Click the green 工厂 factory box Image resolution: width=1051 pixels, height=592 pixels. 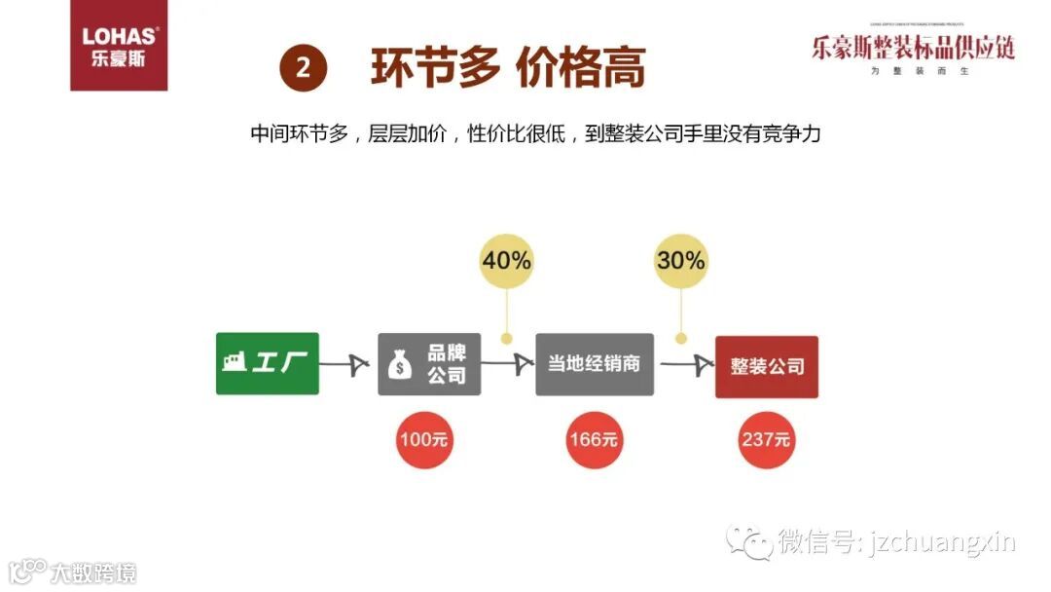pyautogui.click(x=267, y=363)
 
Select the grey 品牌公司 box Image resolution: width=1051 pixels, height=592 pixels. pyautogui.click(x=429, y=363)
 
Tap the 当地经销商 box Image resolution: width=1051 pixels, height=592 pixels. pyautogui.click(x=594, y=363)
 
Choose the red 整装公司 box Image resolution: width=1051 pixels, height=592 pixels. pyautogui.click(x=767, y=366)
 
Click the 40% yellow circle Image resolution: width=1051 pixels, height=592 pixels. pyautogui.click(x=506, y=260)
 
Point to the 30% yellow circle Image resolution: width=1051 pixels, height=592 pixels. pyautogui.click(x=680, y=260)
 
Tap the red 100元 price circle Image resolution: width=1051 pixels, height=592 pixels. pyautogui.click(x=424, y=439)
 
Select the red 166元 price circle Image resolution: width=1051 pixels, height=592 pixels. pyautogui.click(x=594, y=439)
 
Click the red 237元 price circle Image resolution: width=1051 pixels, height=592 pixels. pyautogui.click(x=766, y=439)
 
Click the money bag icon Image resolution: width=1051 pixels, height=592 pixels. pyautogui.click(x=401, y=365)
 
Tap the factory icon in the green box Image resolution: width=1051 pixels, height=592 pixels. pyautogui.click(x=234, y=361)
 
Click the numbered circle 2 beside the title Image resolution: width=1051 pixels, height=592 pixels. pyautogui.click(x=303, y=68)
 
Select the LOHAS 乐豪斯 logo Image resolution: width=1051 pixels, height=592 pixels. pyautogui.click(x=119, y=47)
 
